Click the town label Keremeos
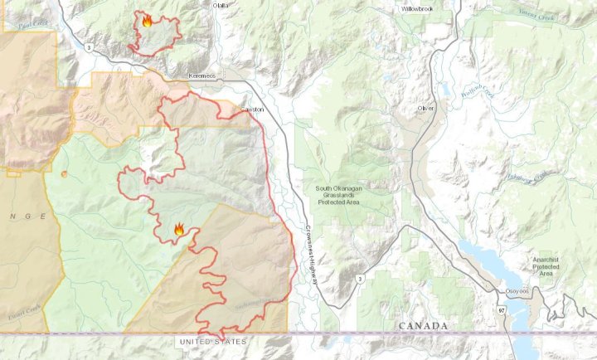coord(201,75)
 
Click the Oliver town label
coord(426,108)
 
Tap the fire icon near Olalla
coord(147,22)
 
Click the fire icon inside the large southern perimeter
coord(179,229)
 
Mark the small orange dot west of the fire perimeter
coord(64,173)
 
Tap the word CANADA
coord(424,326)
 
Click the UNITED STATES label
coord(212,341)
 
